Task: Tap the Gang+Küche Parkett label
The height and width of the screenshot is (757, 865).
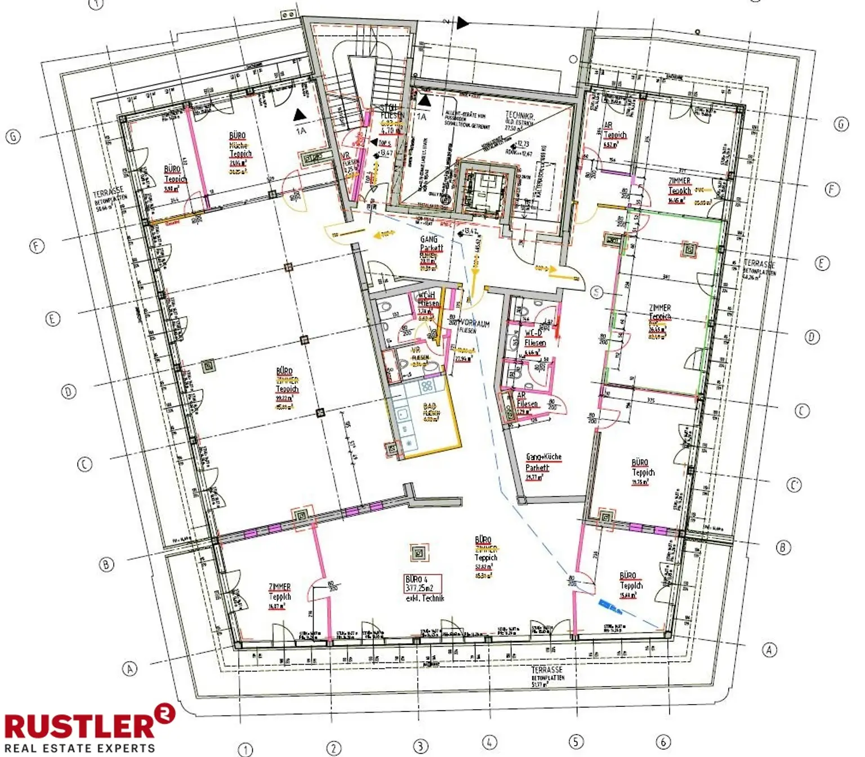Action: coord(542,462)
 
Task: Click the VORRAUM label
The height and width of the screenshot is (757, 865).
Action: coord(475,324)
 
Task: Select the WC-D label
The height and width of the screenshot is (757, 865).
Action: coord(533,333)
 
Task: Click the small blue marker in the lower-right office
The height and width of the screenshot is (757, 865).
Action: coord(610,605)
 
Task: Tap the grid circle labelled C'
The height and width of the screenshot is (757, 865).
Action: coord(794,485)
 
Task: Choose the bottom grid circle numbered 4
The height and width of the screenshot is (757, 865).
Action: coord(489,742)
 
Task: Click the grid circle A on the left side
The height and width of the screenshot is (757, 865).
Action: coord(130,669)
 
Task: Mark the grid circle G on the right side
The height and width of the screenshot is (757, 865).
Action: coord(841,124)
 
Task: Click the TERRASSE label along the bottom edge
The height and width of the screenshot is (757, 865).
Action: coord(547,670)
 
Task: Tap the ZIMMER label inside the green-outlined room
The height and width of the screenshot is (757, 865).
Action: coord(659,309)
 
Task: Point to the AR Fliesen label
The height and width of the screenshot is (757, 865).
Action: coord(527,400)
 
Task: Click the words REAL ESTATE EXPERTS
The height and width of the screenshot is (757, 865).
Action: coord(79,748)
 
